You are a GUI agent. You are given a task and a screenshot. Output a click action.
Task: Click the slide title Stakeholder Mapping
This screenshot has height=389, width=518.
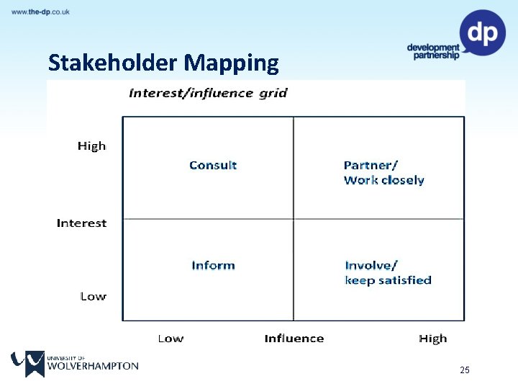pos(163,63)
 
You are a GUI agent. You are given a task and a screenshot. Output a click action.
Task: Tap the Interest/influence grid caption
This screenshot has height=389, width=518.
pos(208,93)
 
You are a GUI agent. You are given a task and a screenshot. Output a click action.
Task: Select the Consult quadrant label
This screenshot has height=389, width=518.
pos(213,165)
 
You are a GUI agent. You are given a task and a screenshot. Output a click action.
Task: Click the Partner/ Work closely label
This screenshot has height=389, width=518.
pos(383,173)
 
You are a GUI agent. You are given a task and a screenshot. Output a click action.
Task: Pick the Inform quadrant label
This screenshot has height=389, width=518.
pos(213,265)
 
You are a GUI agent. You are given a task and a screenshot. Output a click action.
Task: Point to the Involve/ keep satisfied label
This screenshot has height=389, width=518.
pos(388,273)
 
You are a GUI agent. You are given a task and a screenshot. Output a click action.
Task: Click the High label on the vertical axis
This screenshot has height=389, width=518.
pos(91,146)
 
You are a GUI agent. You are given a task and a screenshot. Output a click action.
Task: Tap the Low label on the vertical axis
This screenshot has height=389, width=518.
pos(93,296)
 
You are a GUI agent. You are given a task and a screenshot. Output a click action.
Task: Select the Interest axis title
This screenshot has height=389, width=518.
pos(81,223)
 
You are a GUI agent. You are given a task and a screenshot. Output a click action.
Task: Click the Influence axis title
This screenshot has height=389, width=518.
pos(294,339)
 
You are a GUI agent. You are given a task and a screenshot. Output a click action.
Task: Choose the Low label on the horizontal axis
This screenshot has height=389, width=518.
pos(171,339)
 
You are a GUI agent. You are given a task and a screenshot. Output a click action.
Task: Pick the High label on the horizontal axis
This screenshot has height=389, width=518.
pos(432,339)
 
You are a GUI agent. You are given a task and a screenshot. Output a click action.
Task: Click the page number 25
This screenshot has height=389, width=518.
pos(464,370)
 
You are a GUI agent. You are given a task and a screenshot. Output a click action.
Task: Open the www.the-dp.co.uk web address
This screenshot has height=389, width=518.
pos(40,12)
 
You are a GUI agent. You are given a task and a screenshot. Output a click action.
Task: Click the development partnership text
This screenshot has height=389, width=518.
pos(432,52)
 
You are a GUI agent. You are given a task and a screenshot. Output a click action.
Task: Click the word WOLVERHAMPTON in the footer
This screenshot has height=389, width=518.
pos(92,366)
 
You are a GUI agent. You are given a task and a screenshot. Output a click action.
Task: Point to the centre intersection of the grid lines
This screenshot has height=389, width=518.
pos(294,219)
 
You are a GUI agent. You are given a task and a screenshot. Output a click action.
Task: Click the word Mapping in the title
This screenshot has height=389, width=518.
pos(231,64)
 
